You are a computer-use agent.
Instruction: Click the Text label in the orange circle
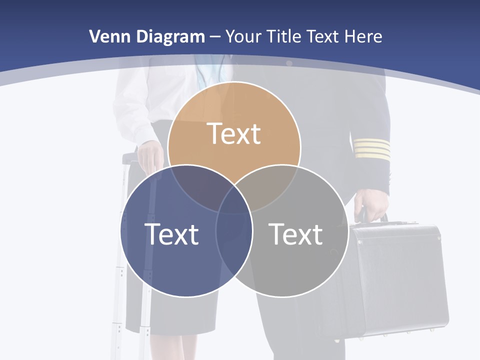click(234, 134)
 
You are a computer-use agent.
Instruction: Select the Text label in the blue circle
click(171, 234)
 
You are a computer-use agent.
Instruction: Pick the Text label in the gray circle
click(296, 234)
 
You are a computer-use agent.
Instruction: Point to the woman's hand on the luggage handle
click(150, 155)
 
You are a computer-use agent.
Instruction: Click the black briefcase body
click(395, 280)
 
